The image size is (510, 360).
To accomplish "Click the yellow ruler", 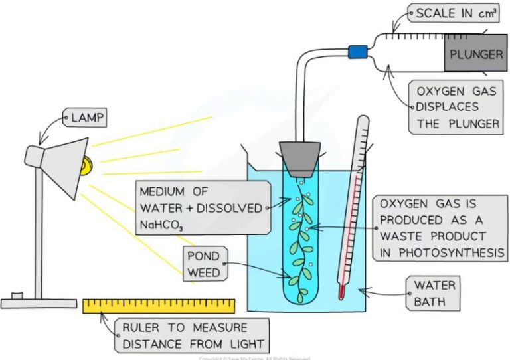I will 159,306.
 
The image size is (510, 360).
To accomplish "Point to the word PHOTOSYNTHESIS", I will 442,252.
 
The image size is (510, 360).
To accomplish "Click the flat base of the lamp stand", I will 39,303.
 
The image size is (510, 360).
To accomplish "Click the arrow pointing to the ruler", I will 107,319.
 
